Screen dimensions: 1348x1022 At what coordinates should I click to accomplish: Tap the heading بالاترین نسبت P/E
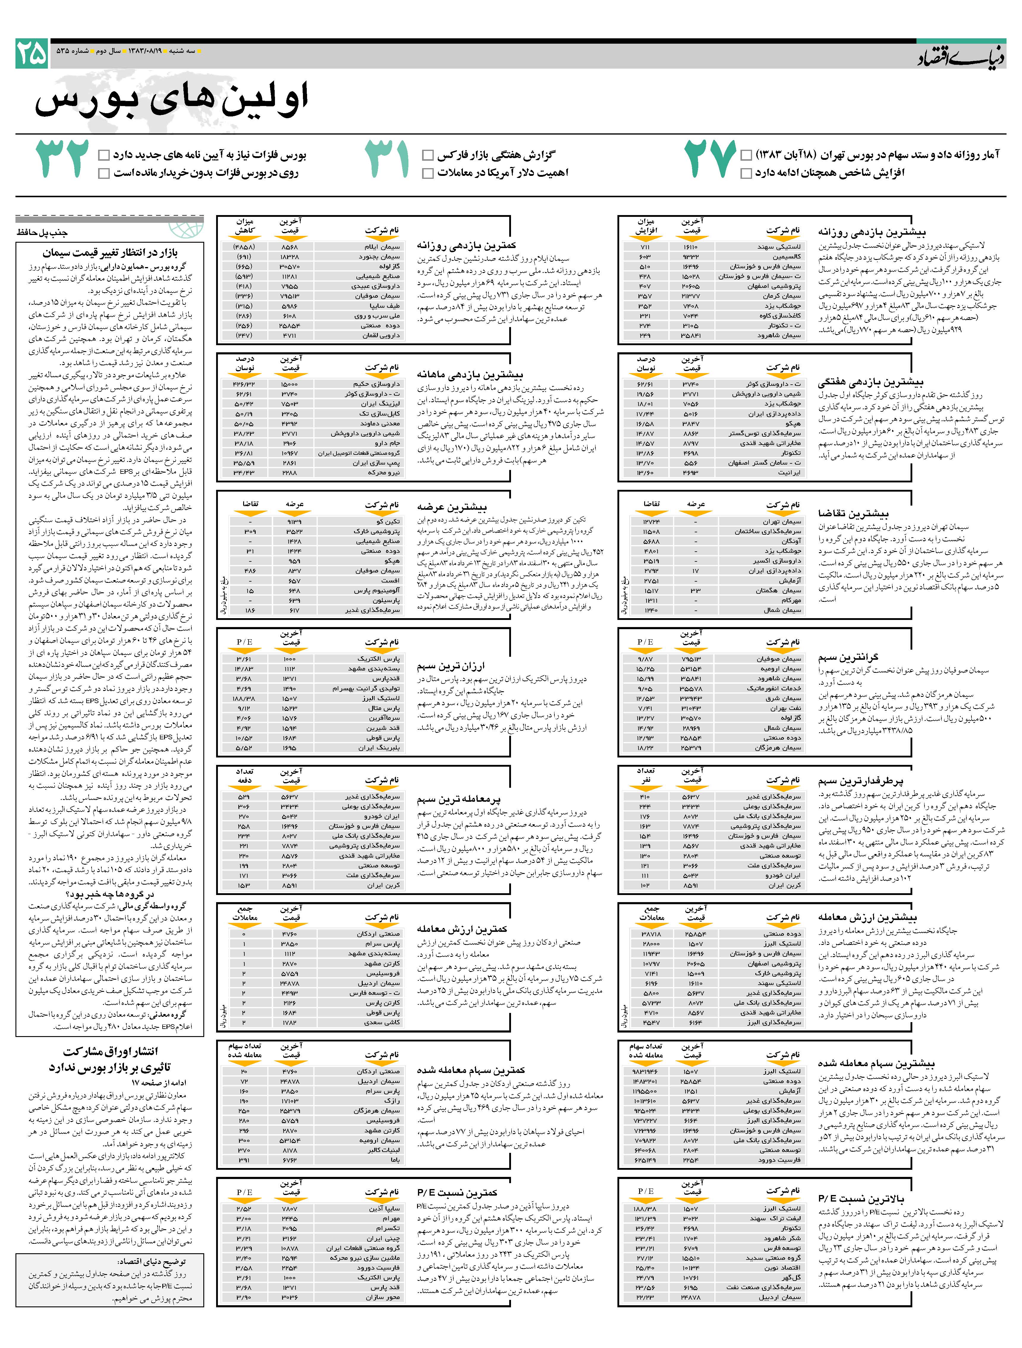pos(861,1198)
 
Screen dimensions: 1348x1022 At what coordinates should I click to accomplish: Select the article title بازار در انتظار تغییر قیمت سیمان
pos(110,252)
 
